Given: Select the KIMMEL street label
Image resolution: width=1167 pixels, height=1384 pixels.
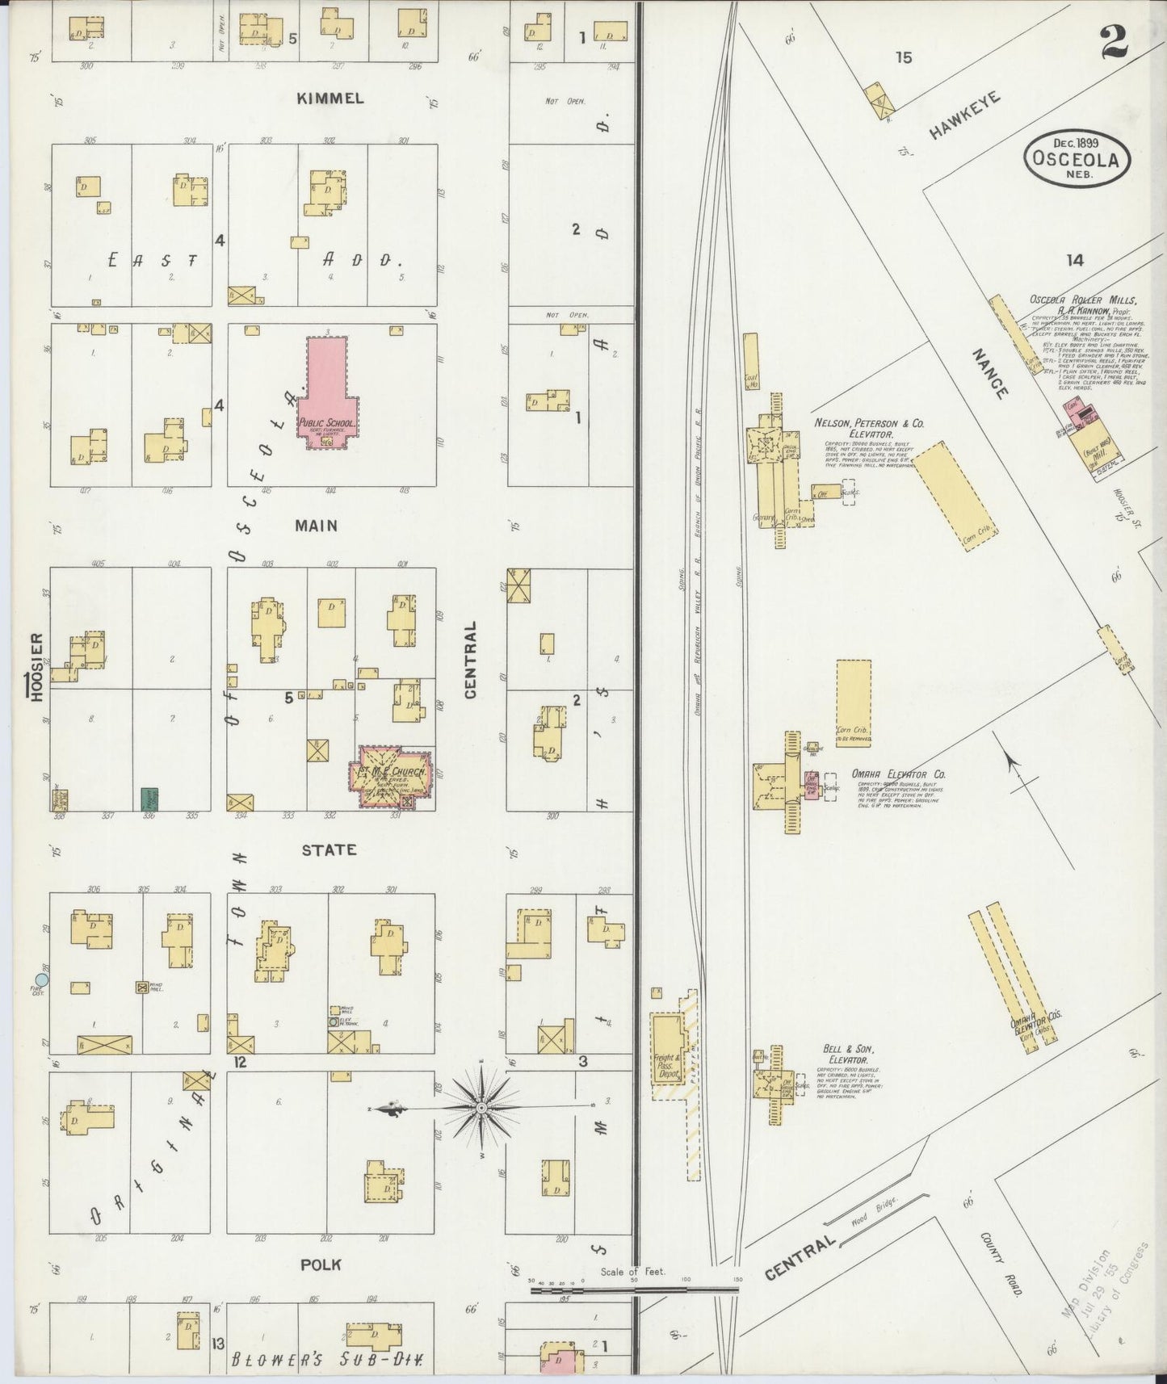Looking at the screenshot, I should tap(330, 99).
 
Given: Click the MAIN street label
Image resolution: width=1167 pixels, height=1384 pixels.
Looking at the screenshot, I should tap(316, 526).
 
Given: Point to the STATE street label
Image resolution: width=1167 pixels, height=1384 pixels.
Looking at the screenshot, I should tap(329, 850).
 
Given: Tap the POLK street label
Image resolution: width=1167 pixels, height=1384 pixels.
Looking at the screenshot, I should tap(321, 1264).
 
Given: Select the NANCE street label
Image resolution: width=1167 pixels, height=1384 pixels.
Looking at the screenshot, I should tap(990, 374).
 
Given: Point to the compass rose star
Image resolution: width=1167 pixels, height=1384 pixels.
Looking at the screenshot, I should tap(481, 1107).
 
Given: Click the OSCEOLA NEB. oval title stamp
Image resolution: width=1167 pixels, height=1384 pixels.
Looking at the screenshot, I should tap(1077, 159).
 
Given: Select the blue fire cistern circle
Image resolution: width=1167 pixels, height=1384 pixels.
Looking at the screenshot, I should tap(42, 979).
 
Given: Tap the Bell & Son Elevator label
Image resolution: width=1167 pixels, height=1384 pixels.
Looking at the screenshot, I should tap(846, 1054).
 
